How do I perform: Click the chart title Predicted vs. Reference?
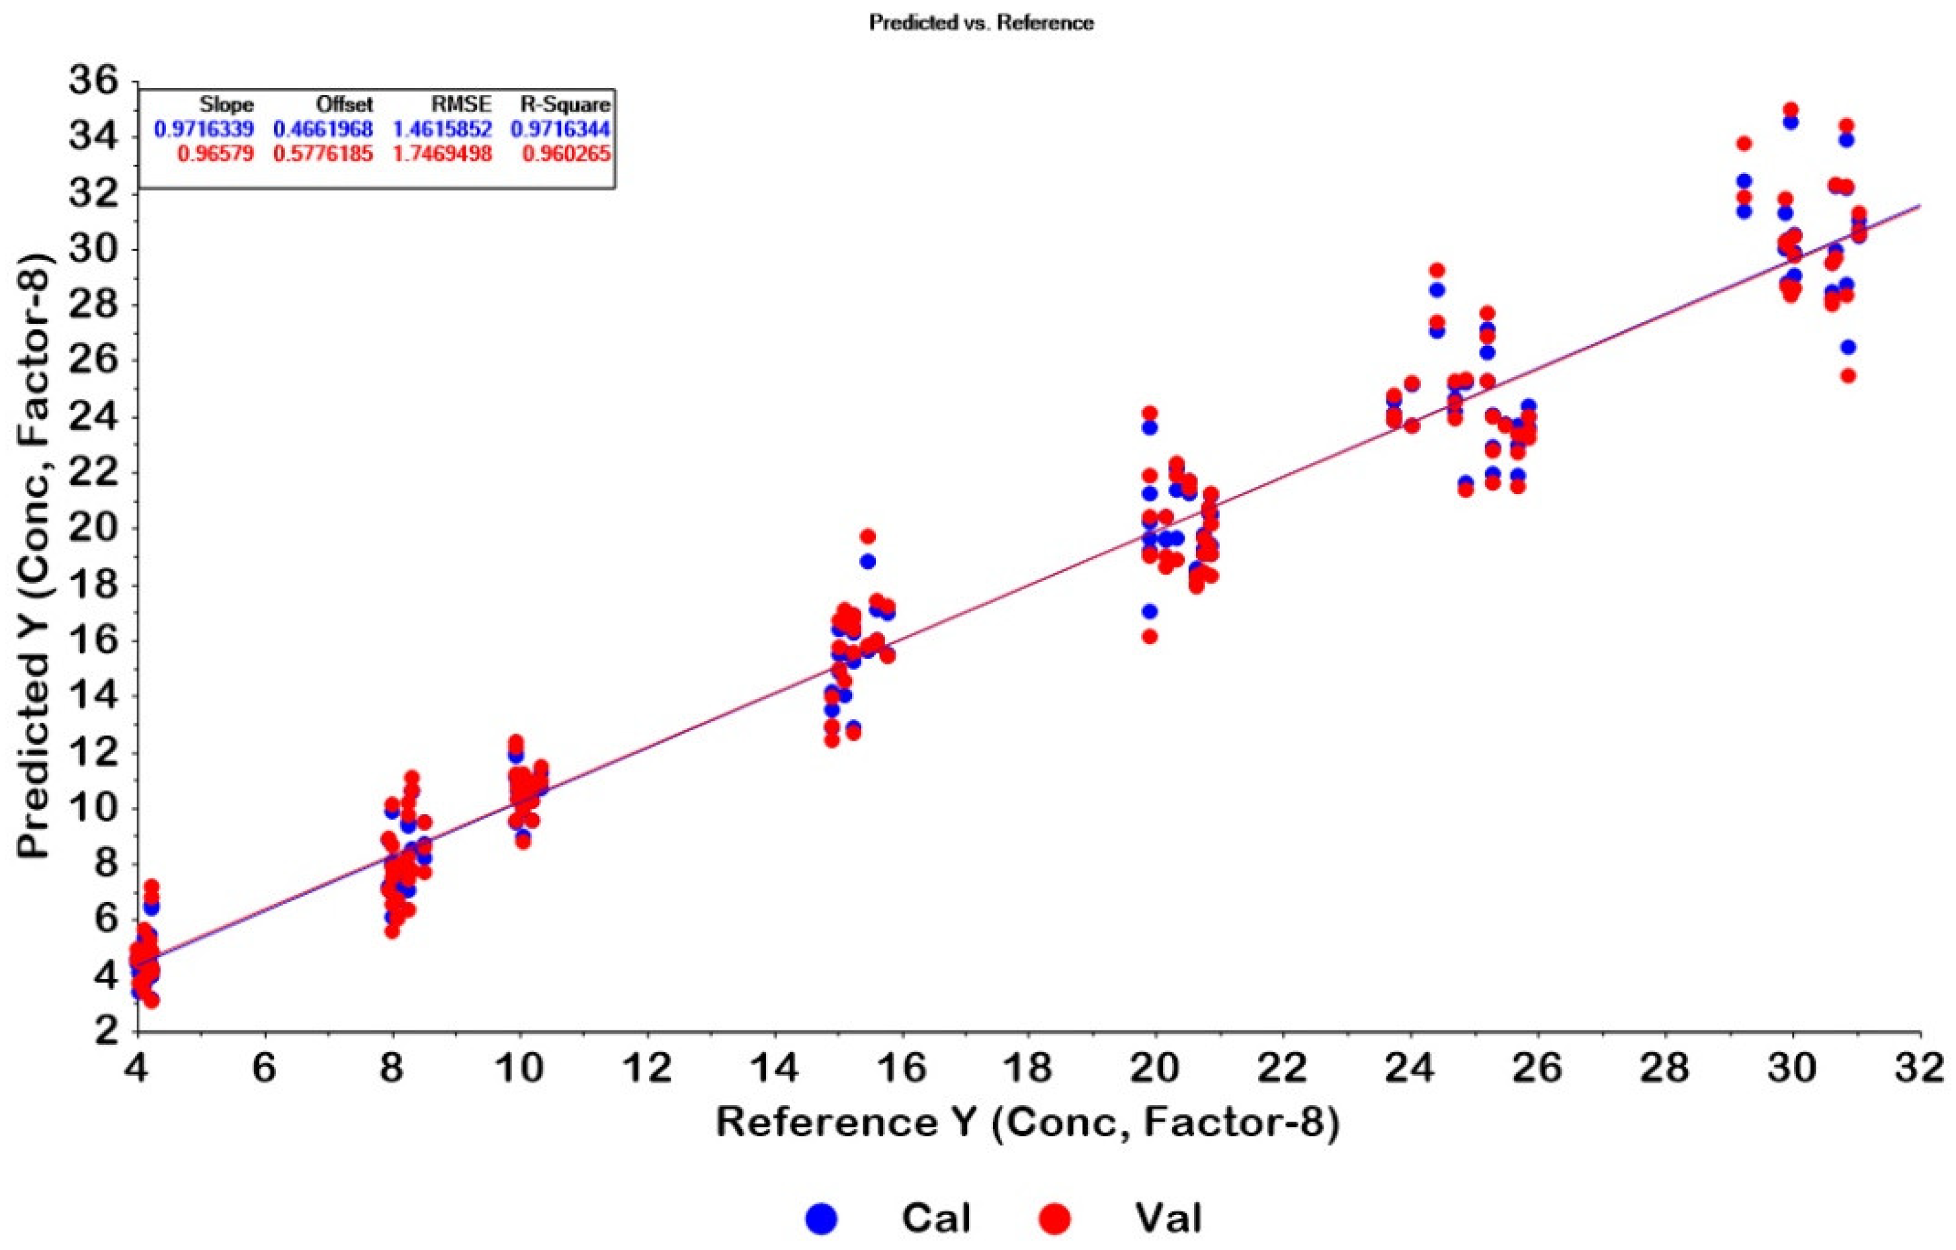[981, 22]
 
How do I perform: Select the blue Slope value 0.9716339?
[203, 129]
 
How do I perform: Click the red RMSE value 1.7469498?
[442, 153]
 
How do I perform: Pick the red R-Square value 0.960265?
[566, 153]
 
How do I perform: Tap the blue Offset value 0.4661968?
[323, 129]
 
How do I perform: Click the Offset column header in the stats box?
[345, 104]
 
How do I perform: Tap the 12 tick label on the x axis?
[648, 1068]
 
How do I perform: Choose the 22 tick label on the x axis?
[1283, 1068]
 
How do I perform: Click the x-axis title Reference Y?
[1027, 1122]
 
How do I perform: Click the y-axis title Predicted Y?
[36, 556]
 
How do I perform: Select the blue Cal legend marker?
[821, 1218]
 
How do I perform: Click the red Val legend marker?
[1055, 1218]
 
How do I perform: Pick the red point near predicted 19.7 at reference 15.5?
[867, 536]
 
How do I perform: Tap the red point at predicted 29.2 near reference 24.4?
[1436, 270]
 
